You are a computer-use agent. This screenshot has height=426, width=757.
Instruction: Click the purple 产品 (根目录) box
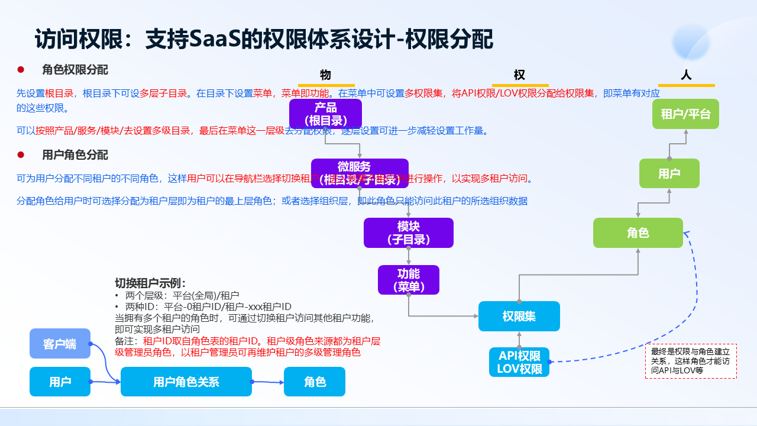pos(325,114)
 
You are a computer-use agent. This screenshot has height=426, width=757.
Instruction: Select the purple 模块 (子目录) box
pos(408,233)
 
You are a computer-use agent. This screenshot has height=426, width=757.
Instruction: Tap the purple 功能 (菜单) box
pos(408,280)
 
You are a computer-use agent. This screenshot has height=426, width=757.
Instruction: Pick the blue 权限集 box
pos(519,316)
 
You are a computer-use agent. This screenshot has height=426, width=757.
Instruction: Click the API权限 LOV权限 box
pos(519,362)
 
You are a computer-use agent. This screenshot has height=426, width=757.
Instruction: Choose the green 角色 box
pos(638,233)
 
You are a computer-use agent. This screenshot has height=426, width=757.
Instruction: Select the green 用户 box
pos(669,173)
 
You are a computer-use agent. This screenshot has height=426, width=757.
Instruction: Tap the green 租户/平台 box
pos(685,114)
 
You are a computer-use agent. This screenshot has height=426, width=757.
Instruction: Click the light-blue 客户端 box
pos(60,343)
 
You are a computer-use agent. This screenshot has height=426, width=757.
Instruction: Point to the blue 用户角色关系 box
pos(186,382)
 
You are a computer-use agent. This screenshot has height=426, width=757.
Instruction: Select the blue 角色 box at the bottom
pos(315,382)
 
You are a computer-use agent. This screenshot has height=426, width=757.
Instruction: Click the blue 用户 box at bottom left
pos(60,382)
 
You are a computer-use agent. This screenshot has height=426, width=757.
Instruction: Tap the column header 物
pos(325,75)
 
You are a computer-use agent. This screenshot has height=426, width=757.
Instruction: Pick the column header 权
pos(519,75)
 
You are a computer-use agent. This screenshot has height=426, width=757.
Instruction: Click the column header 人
pos(686,75)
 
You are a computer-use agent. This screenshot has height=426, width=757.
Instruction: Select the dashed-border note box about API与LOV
pos(691,360)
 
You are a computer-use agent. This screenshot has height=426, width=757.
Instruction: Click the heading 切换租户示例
pos(150,283)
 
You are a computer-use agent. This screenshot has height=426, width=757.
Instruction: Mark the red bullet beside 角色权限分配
pos(21,70)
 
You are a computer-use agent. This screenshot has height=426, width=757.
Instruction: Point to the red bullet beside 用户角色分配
pos(21,155)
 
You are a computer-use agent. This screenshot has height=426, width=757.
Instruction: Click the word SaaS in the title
pos(214,40)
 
